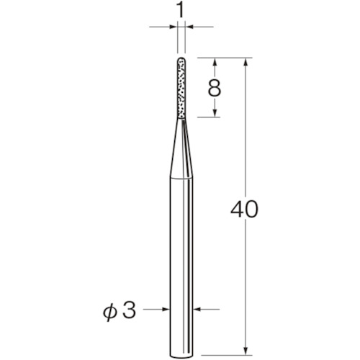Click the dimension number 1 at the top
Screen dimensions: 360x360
point(181,11)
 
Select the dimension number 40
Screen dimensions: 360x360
point(244,210)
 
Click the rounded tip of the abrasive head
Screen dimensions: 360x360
point(181,59)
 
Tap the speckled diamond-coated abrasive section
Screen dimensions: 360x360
point(181,88)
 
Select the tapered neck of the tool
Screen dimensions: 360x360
point(181,148)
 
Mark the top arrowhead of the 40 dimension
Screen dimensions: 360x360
point(246,61)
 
